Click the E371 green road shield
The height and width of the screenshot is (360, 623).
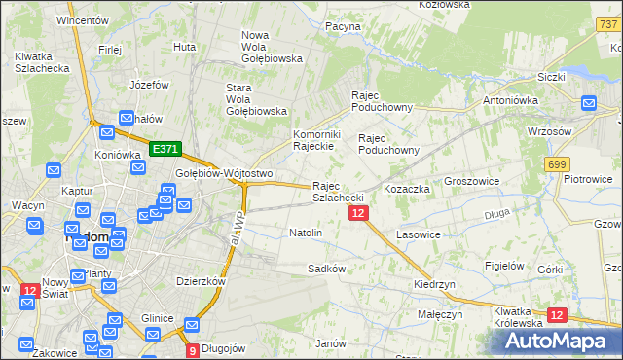[x=165, y=149]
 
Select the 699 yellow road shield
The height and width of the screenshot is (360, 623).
[x=557, y=165]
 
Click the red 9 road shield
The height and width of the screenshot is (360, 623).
[x=192, y=349]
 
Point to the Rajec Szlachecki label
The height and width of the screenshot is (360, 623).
[x=338, y=192]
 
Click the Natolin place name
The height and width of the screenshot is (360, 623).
[x=306, y=234]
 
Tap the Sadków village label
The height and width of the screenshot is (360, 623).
[x=326, y=269]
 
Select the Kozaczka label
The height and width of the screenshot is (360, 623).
[x=407, y=189]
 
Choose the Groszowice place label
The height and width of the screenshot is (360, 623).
[x=471, y=182]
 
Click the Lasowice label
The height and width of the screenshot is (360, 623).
[x=419, y=235]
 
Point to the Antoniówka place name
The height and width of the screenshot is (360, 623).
[x=508, y=100]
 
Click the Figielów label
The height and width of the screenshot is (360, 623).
[x=505, y=266]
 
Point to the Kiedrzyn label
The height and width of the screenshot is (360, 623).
[x=434, y=284]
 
